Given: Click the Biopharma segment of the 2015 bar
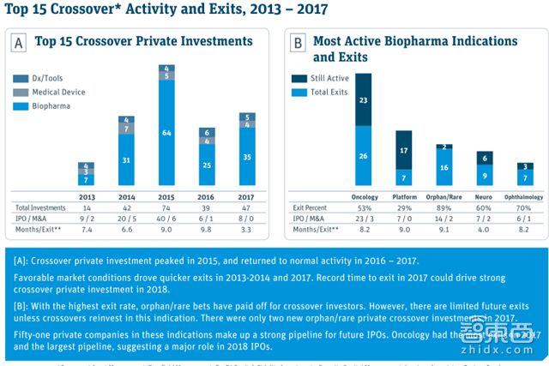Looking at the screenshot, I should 166,133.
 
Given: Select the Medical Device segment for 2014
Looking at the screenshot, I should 127,129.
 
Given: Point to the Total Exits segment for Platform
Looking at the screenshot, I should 403,177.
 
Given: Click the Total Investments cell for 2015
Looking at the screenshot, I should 166,207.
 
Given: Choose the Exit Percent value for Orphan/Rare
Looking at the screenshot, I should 444,207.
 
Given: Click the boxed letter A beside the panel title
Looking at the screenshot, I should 18,41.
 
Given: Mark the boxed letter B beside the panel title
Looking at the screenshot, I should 299,41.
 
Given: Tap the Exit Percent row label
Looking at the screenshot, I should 309,207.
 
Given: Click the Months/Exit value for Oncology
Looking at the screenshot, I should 364,231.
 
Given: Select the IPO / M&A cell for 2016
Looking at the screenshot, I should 206,219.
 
